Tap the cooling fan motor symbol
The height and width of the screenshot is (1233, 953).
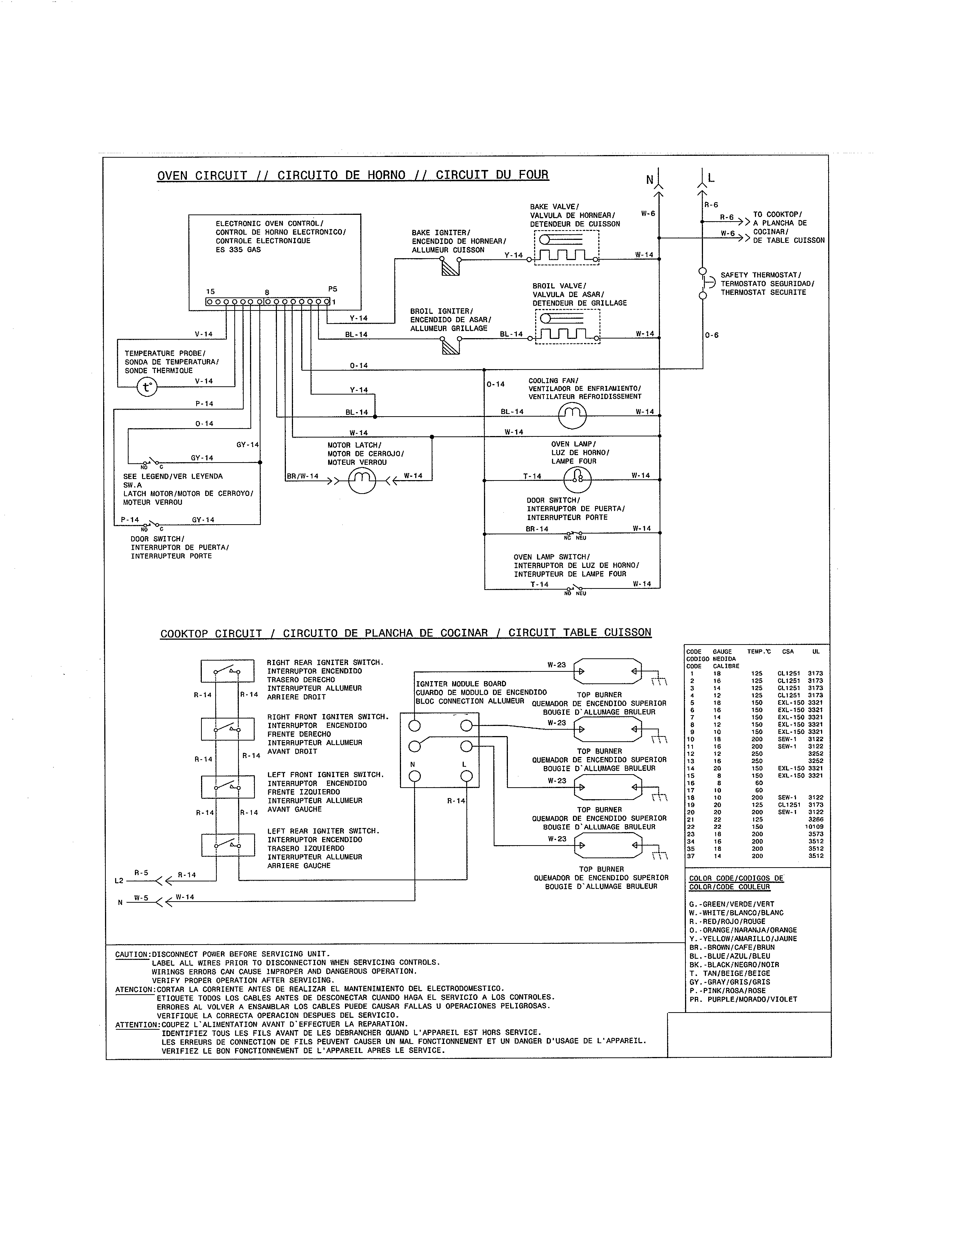tap(572, 415)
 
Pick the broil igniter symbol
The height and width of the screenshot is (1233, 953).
tap(450, 344)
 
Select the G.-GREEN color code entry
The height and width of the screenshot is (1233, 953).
tap(732, 904)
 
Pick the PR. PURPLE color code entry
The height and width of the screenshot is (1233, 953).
tap(743, 999)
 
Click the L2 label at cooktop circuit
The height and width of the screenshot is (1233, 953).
tap(118, 880)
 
